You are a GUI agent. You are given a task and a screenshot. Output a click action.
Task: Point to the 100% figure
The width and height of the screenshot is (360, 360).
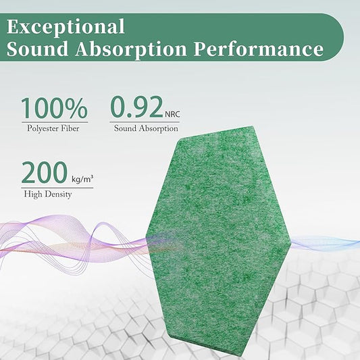click(x=54, y=108)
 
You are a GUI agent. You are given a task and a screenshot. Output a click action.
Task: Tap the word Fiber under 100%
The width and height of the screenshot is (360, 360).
click(x=77, y=128)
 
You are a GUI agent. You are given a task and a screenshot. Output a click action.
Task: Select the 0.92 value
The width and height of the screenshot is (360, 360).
click(x=136, y=107)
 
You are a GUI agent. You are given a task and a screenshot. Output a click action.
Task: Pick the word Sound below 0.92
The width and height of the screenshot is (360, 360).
click(x=125, y=128)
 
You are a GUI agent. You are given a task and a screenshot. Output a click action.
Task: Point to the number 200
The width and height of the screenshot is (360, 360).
click(x=43, y=173)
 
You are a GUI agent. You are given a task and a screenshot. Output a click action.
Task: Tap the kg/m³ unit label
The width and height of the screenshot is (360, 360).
click(x=82, y=179)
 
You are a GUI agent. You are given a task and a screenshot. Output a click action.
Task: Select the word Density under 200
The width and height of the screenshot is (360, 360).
click(x=58, y=195)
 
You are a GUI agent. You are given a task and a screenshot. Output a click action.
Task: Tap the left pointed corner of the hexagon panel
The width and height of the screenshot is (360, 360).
click(x=147, y=236)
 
